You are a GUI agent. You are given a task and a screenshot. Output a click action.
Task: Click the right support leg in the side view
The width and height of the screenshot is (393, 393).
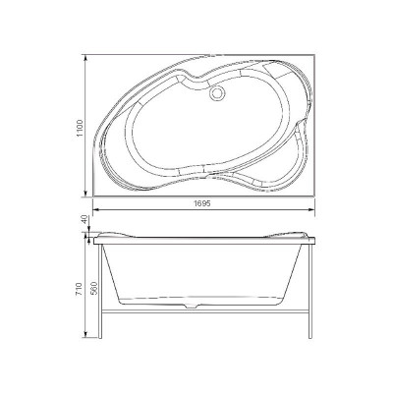pos(309,295)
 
